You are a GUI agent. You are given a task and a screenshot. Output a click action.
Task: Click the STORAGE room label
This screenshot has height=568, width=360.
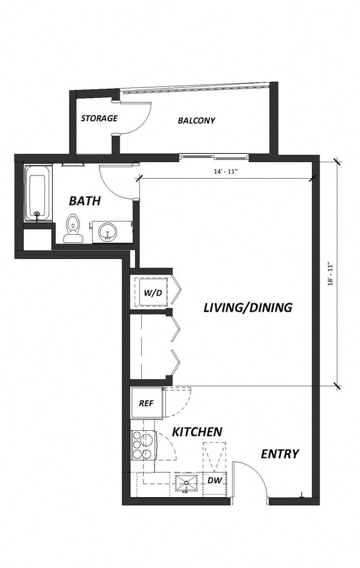(99, 118)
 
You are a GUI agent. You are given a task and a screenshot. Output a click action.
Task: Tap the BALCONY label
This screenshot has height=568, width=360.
(196, 120)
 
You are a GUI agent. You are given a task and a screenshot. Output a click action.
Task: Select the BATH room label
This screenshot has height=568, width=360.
(85, 201)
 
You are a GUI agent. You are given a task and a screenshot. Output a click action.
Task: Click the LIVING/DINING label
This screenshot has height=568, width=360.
(248, 307)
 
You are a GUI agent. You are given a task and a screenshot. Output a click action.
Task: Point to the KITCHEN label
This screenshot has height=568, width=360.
(197, 432)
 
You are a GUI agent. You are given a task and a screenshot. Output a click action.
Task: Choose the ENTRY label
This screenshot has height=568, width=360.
(280, 454)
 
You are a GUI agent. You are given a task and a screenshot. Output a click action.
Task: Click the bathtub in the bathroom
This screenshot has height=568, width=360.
(38, 194)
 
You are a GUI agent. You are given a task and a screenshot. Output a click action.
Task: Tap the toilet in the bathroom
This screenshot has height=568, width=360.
(73, 229)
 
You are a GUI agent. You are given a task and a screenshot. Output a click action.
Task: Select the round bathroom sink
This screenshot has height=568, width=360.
(106, 231)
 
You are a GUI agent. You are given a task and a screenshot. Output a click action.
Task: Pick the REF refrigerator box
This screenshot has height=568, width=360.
(146, 404)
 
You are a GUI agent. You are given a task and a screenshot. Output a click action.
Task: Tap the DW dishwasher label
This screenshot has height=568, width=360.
(214, 481)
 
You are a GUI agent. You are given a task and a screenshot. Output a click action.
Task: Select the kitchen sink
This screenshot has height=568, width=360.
(186, 482)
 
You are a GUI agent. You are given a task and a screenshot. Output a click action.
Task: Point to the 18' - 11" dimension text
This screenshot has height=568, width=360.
(330, 273)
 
